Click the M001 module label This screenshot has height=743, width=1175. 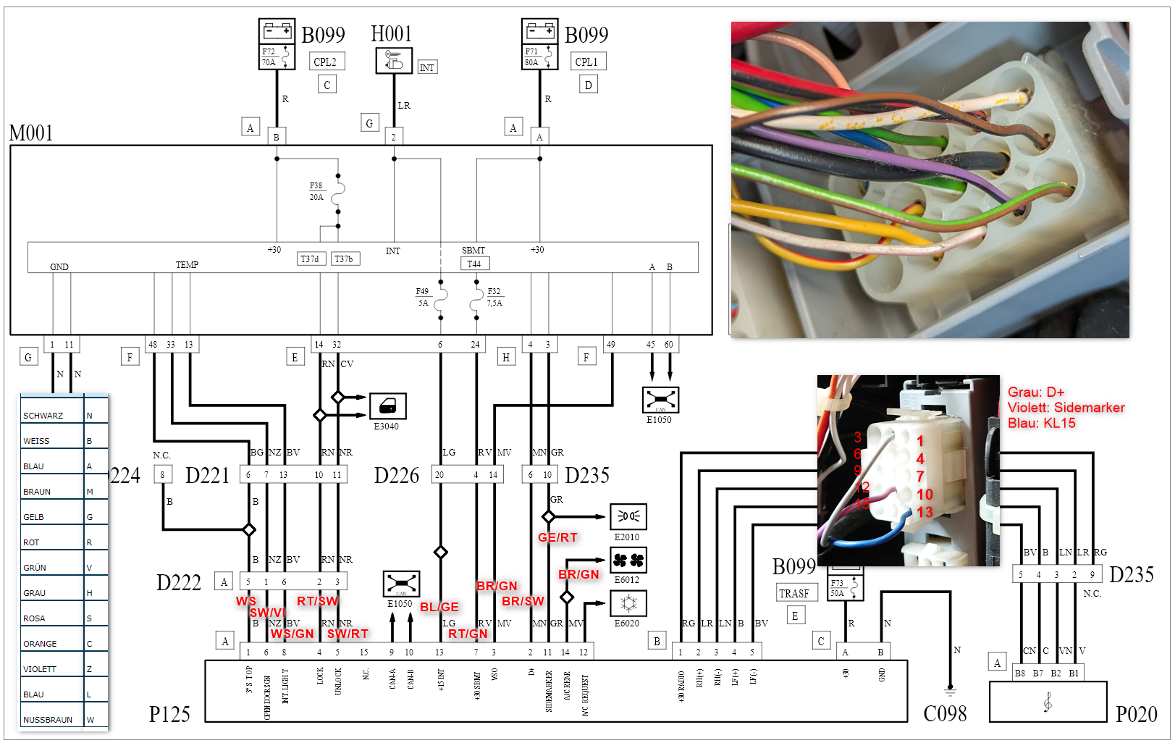point(31,133)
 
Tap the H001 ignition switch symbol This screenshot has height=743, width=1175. point(394,61)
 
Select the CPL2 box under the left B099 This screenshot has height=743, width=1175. point(325,62)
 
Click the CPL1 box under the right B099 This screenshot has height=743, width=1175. point(586,62)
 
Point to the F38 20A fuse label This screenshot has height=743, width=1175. point(316,191)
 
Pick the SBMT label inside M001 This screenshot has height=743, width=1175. point(473,251)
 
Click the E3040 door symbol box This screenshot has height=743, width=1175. point(387,406)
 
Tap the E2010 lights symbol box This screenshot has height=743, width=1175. point(628,516)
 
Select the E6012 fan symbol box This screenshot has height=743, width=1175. point(628,560)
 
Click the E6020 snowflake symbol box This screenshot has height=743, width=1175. point(628,603)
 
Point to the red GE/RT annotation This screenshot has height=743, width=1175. point(557,537)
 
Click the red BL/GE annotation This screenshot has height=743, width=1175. point(439,607)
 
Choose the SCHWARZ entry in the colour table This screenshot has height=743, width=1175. point(43,416)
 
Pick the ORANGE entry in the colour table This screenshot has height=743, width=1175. point(40,644)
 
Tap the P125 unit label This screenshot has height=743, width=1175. point(169,715)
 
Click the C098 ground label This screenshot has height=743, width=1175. point(945,715)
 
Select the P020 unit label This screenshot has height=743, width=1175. point(1136,715)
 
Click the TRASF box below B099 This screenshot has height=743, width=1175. point(794,593)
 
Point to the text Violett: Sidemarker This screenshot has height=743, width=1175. point(1066,408)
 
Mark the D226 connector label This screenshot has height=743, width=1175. point(397,476)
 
